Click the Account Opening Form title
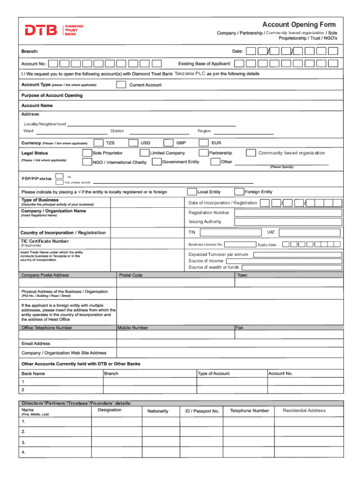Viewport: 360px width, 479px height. click(x=299, y=24)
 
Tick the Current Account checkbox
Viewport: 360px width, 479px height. click(x=121, y=85)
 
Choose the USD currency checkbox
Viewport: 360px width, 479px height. click(x=133, y=143)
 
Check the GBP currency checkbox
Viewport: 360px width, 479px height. click(x=169, y=143)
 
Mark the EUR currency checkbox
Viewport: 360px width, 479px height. click(x=204, y=143)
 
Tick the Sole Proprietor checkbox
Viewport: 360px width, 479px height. click(x=86, y=153)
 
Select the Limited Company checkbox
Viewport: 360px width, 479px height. click(x=144, y=153)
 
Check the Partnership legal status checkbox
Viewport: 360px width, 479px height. click(x=203, y=153)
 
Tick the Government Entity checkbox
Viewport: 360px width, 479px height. click(x=156, y=162)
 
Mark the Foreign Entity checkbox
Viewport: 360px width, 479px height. click(x=239, y=192)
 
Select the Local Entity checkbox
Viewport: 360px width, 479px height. click(x=192, y=192)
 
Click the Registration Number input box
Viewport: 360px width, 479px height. click(x=288, y=212)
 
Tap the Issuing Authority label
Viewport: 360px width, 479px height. click(x=205, y=222)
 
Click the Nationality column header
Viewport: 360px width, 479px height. click(x=158, y=411)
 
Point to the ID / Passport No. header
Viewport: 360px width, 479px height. click(x=202, y=411)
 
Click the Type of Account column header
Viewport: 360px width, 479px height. click(x=214, y=373)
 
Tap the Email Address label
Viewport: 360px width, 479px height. click(x=36, y=343)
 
